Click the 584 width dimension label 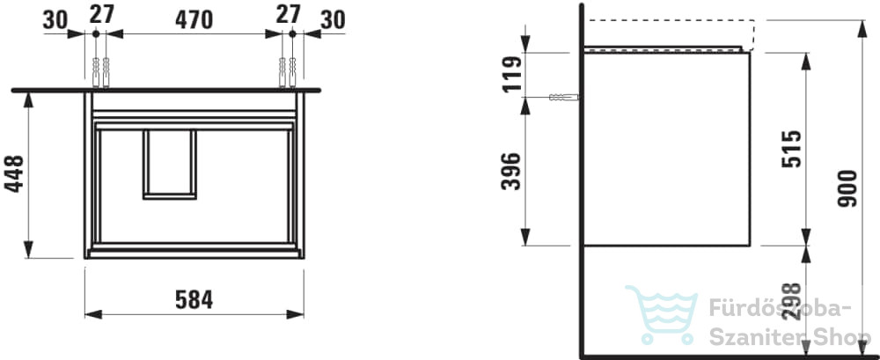click(194, 299)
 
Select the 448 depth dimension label click(15, 173)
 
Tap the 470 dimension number click(194, 19)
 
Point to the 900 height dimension click(847, 188)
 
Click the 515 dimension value click(791, 149)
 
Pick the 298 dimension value click(791, 302)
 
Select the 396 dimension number click(511, 172)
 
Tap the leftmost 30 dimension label click(55, 21)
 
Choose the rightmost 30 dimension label click(333, 21)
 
